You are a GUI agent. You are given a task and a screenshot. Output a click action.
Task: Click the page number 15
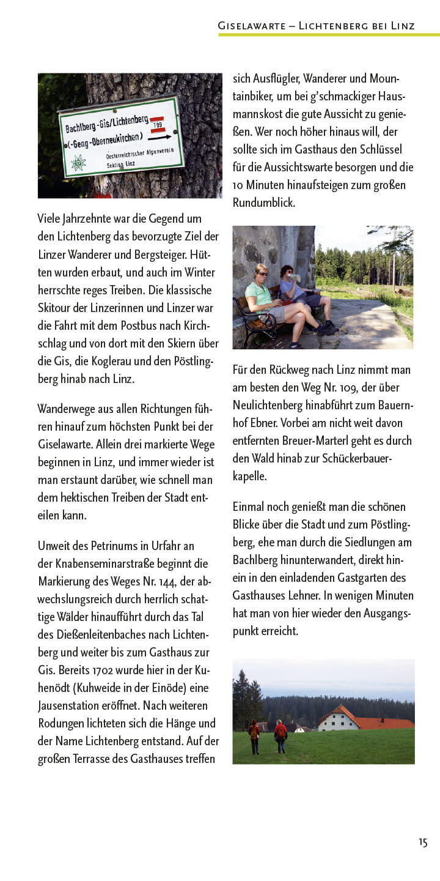click(423, 842)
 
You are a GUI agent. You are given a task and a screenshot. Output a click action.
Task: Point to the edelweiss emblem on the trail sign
click(78, 163)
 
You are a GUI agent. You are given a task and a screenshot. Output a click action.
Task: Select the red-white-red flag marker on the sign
click(158, 124)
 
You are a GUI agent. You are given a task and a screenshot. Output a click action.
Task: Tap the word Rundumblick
click(264, 203)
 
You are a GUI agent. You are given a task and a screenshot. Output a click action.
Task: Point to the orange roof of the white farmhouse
click(367, 719)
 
